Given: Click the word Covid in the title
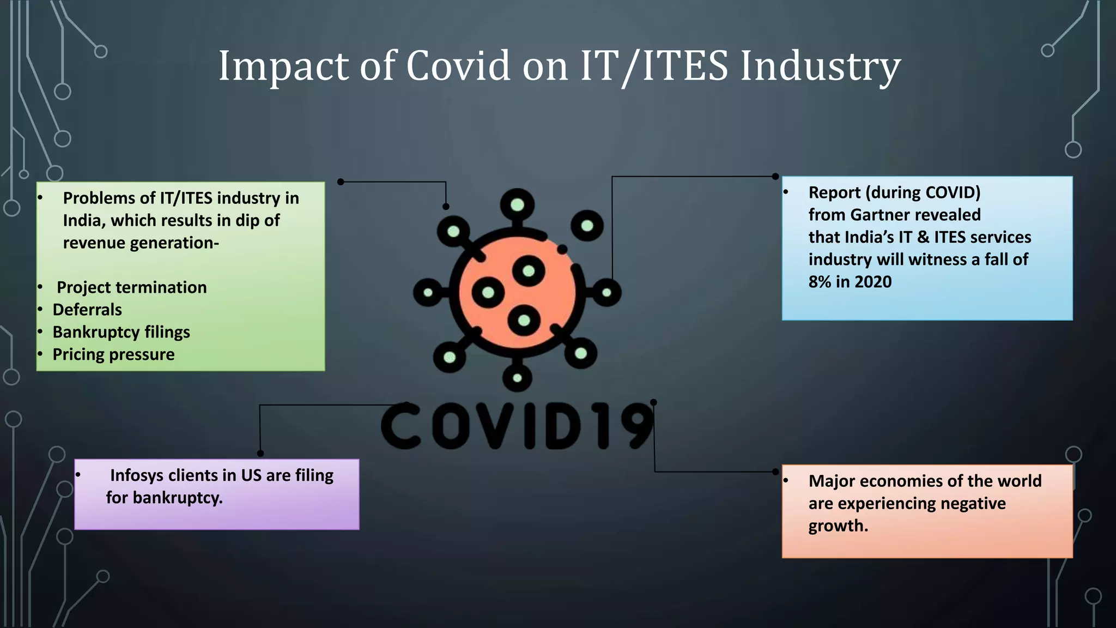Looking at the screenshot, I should click(x=458, y=67).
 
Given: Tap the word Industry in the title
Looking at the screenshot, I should click(x=820, y=67).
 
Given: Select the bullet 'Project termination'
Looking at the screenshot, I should click(x=131, y=287).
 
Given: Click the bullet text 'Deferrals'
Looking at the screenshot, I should click(x=87, y=310).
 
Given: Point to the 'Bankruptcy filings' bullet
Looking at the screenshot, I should click(x=121, y=332).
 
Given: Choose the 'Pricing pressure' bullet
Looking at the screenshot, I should click(x=113, y=354).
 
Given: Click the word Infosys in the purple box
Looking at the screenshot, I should click(x=137, y=475).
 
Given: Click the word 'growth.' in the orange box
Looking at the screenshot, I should click(x=838, y=526).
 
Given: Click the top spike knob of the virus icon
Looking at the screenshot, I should click(x=517, y=204).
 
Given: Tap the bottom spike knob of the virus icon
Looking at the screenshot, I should click(x=517, y=378).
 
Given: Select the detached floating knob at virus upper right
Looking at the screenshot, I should click(x=587, y=225).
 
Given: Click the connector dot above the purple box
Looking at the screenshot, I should click(x=260, y=454).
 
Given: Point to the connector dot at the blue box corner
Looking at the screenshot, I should click(x=775, y=177).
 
